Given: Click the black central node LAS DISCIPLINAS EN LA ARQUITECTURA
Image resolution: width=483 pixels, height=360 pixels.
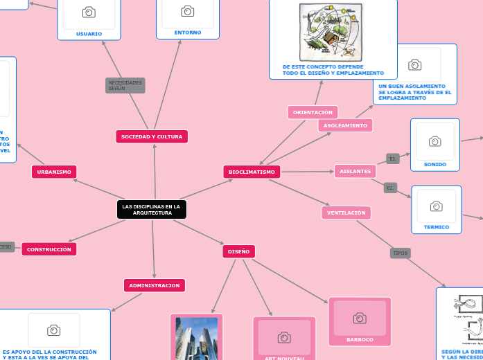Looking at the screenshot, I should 151,210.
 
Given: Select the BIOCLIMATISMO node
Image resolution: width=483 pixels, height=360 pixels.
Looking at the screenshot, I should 252,172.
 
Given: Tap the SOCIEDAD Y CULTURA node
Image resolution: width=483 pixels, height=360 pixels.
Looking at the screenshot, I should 152,137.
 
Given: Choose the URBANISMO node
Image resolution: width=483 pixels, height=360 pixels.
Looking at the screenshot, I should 54,172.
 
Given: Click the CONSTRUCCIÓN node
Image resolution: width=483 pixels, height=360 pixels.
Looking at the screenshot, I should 49,249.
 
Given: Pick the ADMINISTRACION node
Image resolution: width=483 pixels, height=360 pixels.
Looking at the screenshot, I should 155,285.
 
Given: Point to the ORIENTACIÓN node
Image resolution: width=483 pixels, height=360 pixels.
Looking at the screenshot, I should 313,112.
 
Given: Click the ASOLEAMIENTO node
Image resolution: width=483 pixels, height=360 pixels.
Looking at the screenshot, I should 345,125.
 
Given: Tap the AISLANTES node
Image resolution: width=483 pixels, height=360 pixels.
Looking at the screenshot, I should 355,171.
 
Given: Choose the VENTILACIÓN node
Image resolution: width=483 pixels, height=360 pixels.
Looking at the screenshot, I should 346,213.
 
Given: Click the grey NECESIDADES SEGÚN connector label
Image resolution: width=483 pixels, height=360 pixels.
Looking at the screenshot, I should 125,85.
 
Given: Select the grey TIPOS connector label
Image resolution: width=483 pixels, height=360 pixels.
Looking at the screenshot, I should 401,253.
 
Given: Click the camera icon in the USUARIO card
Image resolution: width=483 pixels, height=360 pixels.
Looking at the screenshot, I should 89,12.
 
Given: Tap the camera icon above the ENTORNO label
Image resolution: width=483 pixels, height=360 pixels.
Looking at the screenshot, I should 187,11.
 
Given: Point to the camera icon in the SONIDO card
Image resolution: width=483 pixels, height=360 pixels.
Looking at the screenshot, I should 434,141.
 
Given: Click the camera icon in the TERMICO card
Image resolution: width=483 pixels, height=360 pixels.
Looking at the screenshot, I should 436,206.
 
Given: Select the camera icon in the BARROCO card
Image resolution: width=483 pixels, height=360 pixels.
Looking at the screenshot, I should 360,318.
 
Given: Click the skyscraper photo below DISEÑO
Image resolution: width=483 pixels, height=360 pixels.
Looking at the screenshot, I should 197,338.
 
